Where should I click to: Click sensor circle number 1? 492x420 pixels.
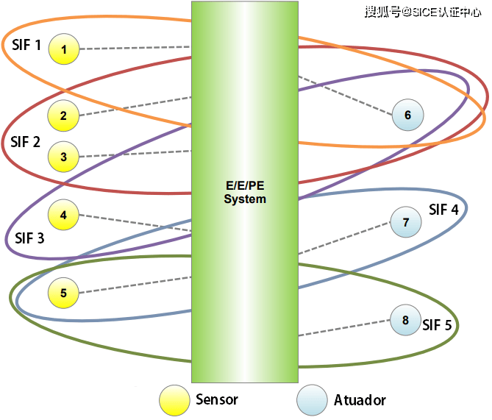[64, 50]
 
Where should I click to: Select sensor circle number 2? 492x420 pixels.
[64, 115]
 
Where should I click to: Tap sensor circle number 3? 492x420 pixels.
[64, 157]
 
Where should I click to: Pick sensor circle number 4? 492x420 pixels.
[64, 216]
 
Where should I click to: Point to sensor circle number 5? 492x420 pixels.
[64, 293]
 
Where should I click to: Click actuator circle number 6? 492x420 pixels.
[407, 115]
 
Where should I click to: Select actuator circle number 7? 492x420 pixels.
[405, 222]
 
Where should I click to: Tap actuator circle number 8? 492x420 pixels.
[405, 320]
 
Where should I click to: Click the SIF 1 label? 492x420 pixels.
[26, 44]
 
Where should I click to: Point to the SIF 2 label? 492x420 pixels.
[26, 142]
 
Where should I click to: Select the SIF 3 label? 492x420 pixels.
[29, 238]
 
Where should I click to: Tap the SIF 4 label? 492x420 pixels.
[443, 210]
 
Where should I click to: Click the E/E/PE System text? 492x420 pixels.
[245, 193]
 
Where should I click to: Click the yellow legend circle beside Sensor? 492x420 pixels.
[175, 400]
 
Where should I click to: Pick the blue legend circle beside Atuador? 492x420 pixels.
[312, 400]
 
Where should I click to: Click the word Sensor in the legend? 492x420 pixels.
[217, 400]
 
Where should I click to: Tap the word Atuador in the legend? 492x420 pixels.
[360, 401]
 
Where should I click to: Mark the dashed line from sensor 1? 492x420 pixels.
[132, 48]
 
